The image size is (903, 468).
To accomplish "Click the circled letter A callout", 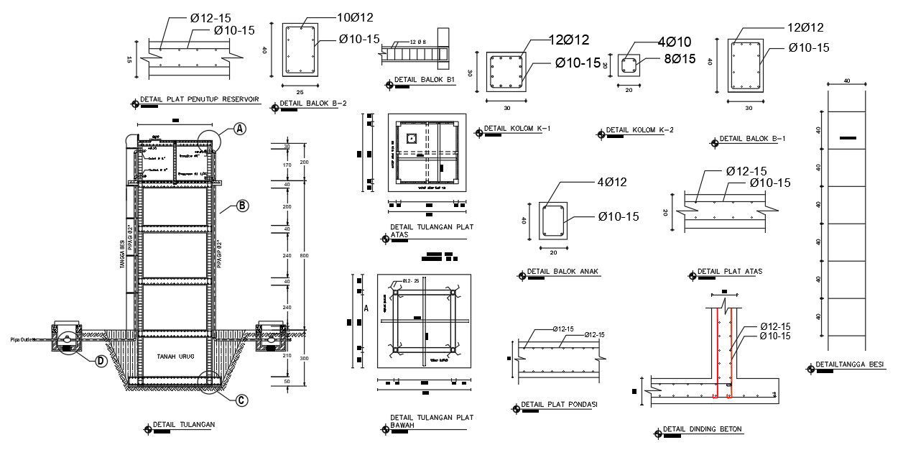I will (x=239, y=129).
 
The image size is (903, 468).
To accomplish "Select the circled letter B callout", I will (x=242, y=206).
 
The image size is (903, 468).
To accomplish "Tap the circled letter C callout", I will (x=242, y=400).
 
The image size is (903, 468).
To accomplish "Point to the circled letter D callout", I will (x=101, y=360).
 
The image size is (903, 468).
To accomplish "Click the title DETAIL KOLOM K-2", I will (x=639, y=130).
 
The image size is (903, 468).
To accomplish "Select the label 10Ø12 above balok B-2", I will (x=355, y=17).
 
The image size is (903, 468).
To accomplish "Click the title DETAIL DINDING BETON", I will (x=703, y=429).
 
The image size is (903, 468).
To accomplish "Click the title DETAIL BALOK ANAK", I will (x=562, y=272).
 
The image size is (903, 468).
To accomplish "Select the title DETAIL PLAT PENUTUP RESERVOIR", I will (x=203, y=99).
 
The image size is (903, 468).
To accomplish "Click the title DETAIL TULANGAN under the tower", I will (x=184, y=424).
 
